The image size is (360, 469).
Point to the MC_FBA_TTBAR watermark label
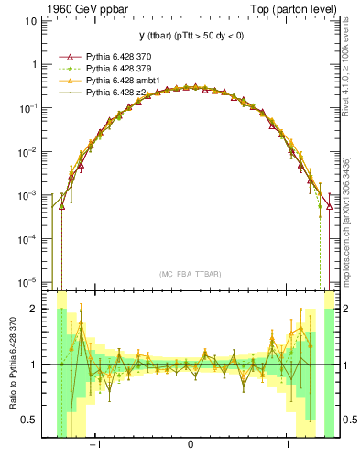[190, 273]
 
